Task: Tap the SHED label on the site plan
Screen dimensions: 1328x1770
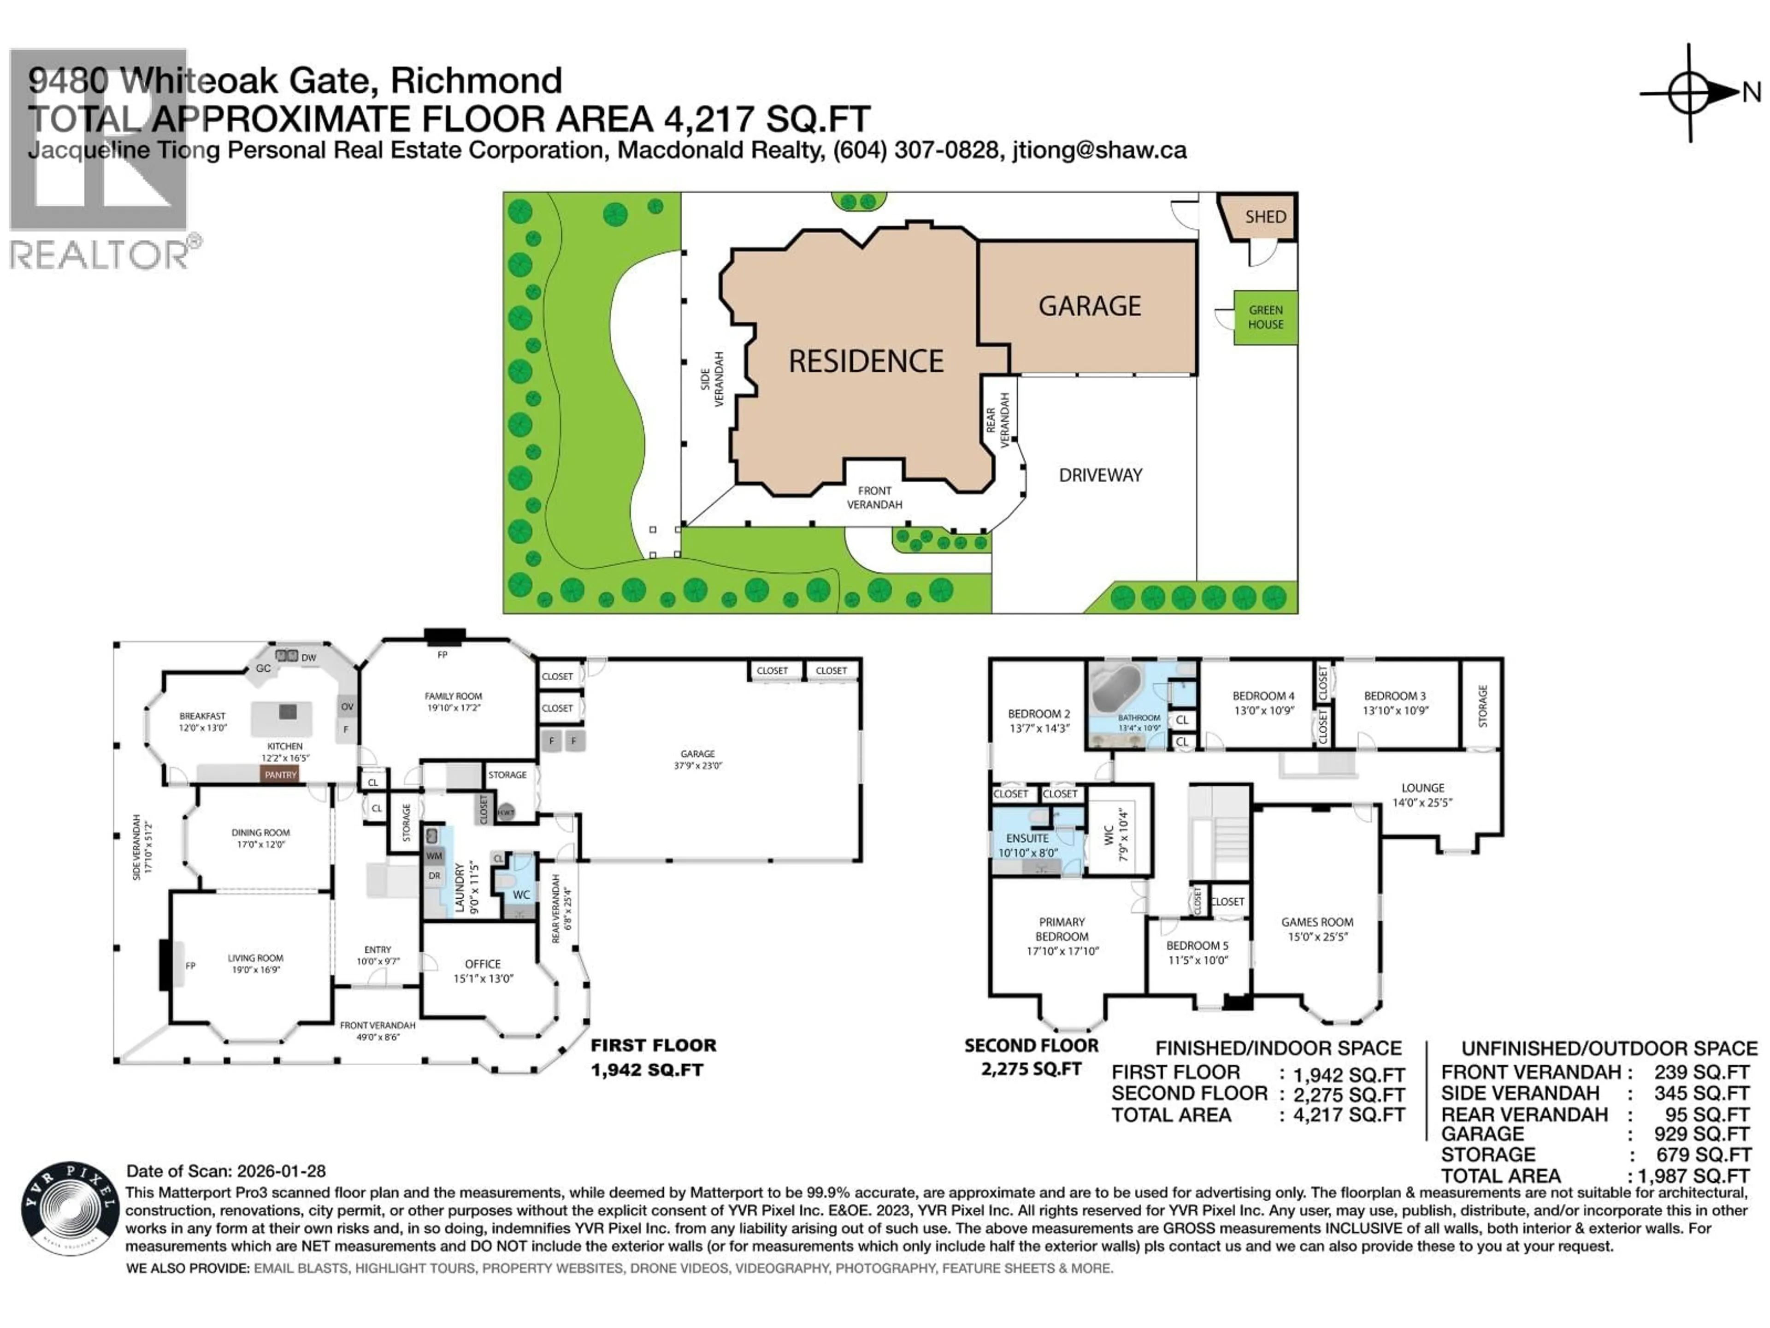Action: (x=1265, y=217)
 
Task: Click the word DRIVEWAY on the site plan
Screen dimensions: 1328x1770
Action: (x=1100, y=475)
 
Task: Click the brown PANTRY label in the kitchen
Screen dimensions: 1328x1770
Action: (x=280, y=775)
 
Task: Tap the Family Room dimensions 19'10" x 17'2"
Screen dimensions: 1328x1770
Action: (x=453, y=708)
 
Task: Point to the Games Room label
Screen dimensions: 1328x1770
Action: (x=1317, y=922)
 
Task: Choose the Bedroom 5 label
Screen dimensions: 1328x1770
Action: (x=1197, y=945)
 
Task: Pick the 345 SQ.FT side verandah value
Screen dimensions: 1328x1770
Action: (x=1701, y=1093)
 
